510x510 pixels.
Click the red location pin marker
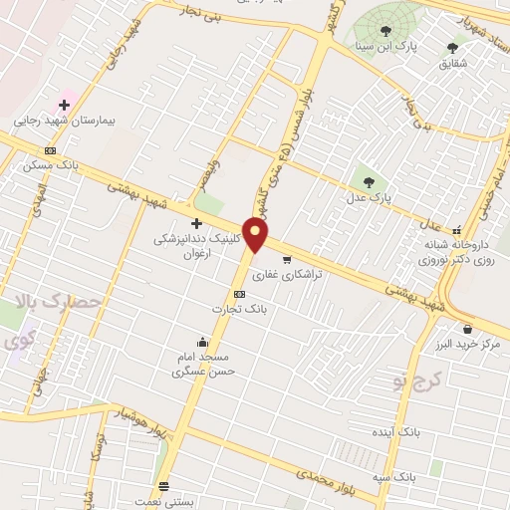(x=257, y=236)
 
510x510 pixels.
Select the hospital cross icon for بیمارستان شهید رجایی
(x=65, y=104)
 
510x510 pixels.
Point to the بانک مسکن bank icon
(x=51, y=149)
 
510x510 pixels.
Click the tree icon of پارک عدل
(x=370, y=182)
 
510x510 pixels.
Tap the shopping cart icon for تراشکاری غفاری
(x=287, y=260)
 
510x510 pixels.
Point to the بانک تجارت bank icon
(x=239, y=294)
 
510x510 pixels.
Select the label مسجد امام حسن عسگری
(x=201, y=364)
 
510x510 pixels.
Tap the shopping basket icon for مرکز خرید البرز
(x=466, y=328)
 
